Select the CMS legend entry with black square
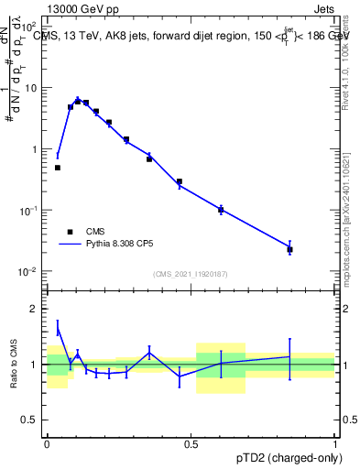point(81,232)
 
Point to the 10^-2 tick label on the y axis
point(28,272)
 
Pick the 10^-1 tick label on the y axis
point(28,211)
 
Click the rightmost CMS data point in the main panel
point(289,249)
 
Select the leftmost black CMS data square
point(58,168)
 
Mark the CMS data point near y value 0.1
point(221,210)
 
